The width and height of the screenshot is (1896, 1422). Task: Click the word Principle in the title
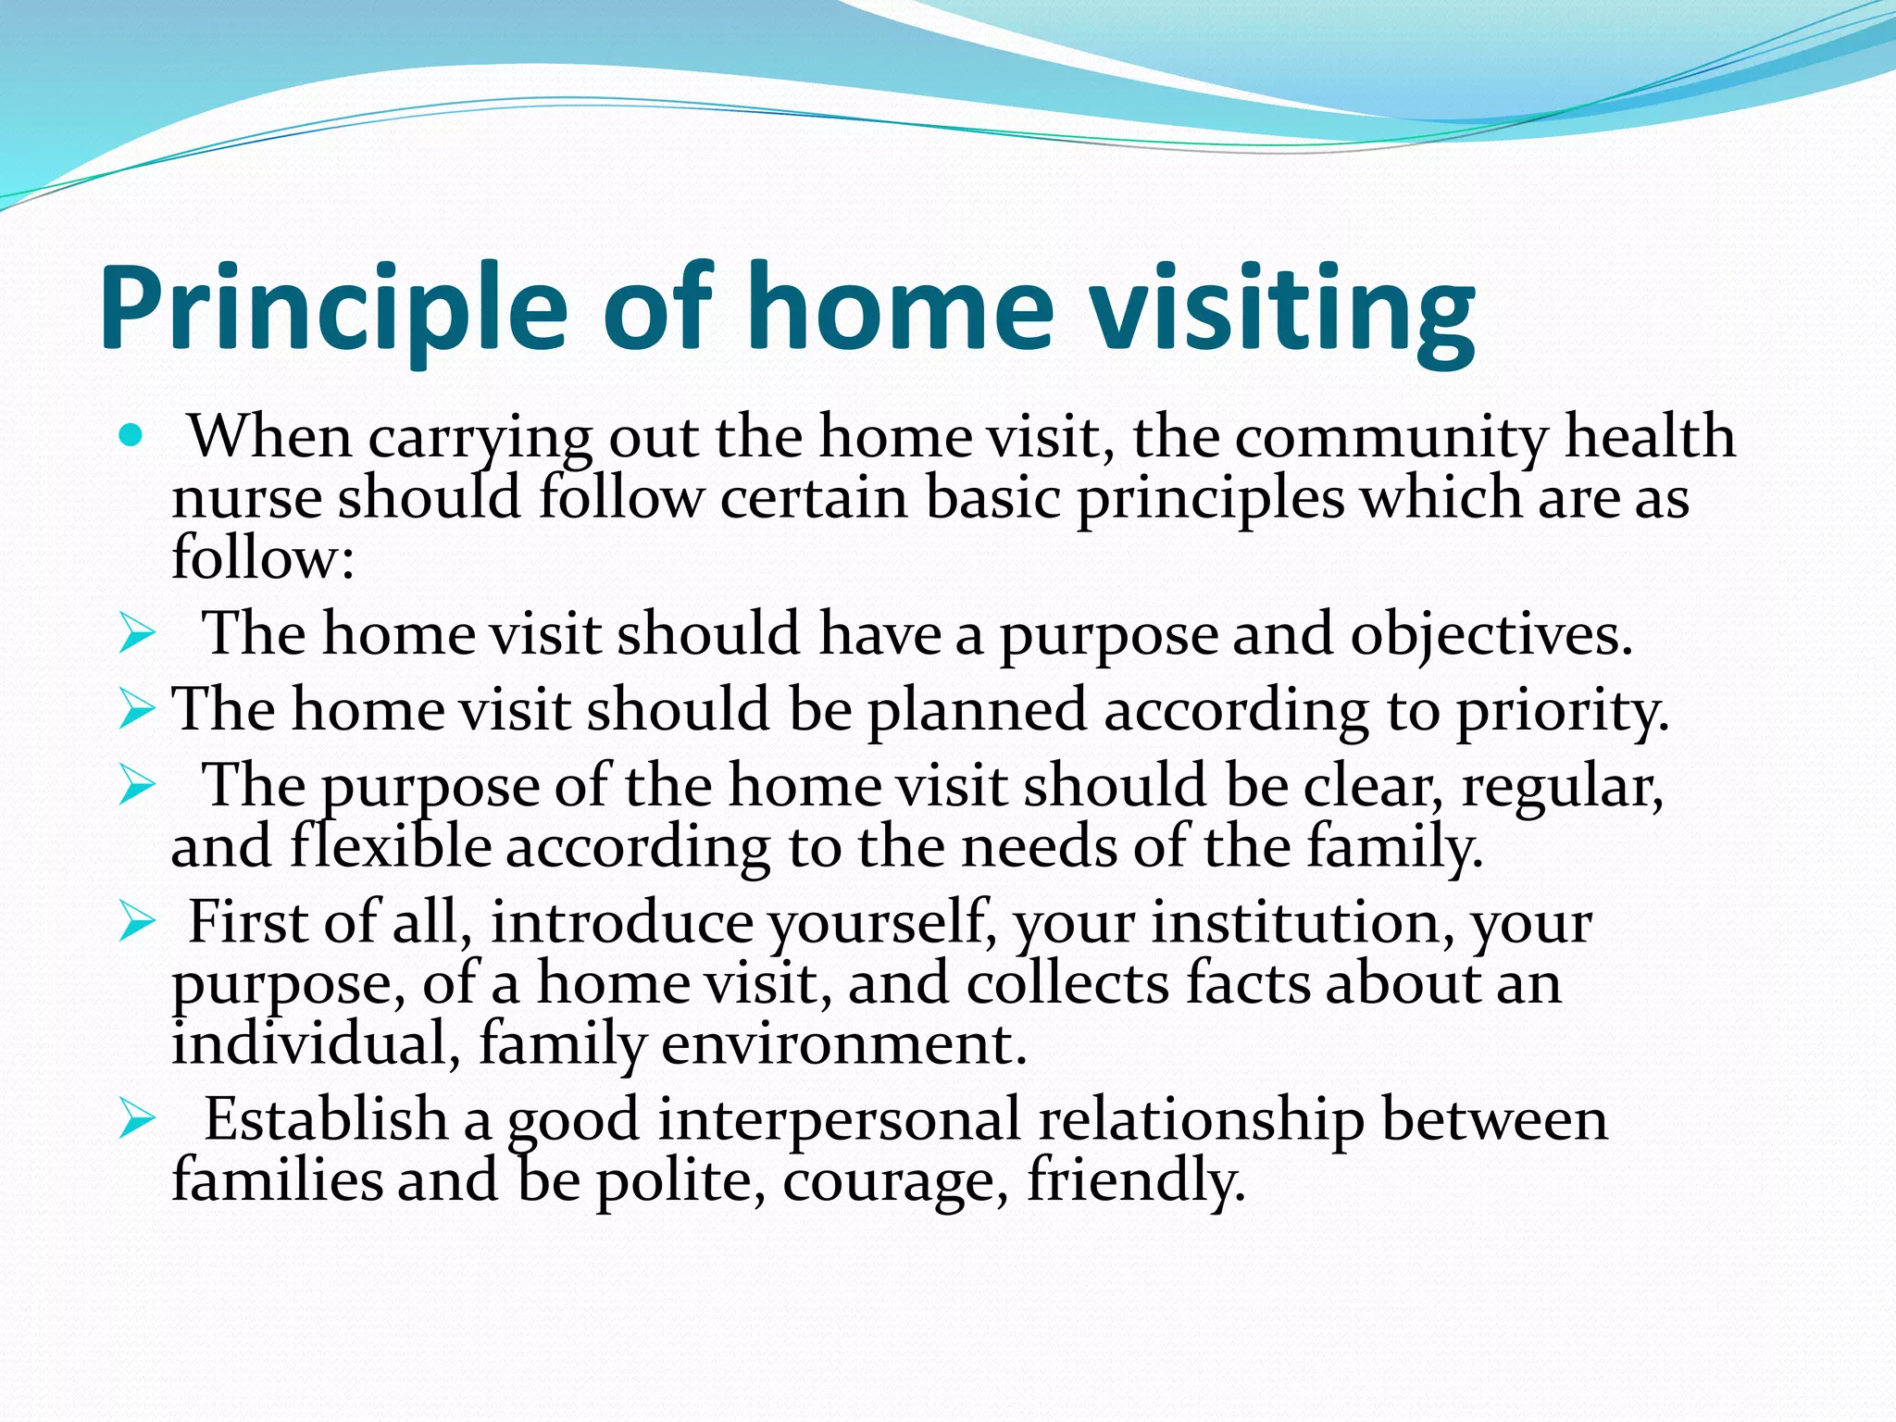[333, 310]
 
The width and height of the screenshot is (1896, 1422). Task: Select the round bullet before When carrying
[132, 434]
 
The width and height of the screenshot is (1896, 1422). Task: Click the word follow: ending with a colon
[263, 559]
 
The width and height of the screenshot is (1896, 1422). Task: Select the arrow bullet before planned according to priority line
[137, 711]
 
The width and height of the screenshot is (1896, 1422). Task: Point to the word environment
[843, 1045]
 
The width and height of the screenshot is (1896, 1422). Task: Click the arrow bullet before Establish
[137, 1121]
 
